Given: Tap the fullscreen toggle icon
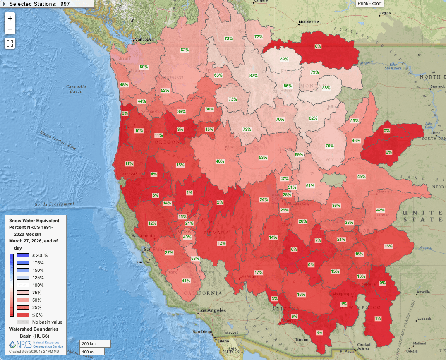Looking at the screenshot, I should [10, 43].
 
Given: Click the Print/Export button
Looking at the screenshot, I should [370, 3].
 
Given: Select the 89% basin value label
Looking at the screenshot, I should [284, 59].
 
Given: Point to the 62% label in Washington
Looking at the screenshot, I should [185, 50].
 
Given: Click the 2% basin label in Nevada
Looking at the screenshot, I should [220, 202].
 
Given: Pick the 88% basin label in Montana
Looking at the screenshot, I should [326, 88].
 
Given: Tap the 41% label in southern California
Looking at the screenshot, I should [186, 281].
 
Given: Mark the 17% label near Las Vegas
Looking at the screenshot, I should [259, 273].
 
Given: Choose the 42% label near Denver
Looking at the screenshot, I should [380, 210].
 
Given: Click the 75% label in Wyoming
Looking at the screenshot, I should [329, 146].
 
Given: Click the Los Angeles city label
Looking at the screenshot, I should [212, 310].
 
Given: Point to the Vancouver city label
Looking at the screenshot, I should [144, 39].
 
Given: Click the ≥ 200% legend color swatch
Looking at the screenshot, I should [22, 255].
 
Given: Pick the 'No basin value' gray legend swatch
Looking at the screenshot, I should [22, 322].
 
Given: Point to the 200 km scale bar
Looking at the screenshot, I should [95, 343].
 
